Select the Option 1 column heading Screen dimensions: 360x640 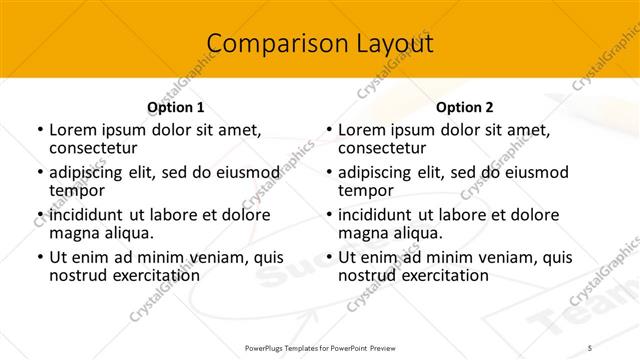(x=175, y=106)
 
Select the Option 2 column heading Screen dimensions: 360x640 (x=465, y=106)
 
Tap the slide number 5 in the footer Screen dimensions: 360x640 (x=591, y=347)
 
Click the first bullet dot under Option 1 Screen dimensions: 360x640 (x=40, y=130)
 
